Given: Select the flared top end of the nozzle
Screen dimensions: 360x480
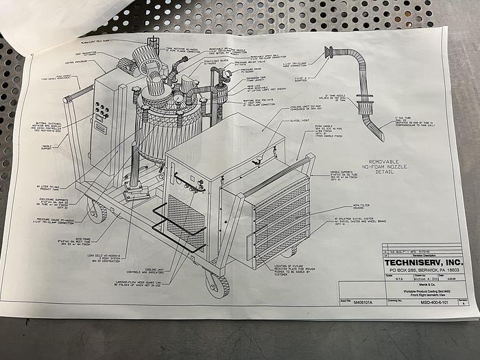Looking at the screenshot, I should pos(329,52).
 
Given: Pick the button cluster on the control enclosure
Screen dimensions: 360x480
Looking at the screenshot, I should pos(101,112).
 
